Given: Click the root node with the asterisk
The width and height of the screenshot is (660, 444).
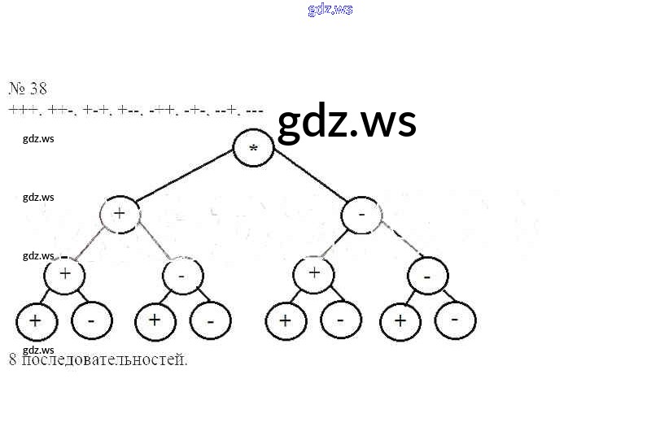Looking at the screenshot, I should [253, 149].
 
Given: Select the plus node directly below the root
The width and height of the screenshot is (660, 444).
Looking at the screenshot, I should [120, 214].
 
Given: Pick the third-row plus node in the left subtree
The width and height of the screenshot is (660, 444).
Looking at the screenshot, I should [65, 274].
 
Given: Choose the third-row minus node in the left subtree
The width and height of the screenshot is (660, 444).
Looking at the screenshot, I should [182, 276].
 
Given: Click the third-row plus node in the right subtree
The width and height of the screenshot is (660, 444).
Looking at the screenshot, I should [315, 272].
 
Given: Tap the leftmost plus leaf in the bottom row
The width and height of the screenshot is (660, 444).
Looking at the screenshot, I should [36, 321].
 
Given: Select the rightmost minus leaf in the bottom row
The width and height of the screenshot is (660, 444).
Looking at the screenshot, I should [455, 321].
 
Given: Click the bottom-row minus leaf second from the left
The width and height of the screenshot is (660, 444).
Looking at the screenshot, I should [91, 321].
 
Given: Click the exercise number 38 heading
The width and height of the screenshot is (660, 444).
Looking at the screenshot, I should [28, 89].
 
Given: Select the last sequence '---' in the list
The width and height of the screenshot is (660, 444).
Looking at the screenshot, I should [253, 110].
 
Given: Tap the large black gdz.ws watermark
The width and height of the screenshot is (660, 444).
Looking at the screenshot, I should [347, 123].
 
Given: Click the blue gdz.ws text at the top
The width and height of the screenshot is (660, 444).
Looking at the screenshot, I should [330, 10].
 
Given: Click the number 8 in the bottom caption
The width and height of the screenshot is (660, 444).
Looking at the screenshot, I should [13, 359].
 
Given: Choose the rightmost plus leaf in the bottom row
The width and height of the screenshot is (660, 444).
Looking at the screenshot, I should [400, 321].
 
